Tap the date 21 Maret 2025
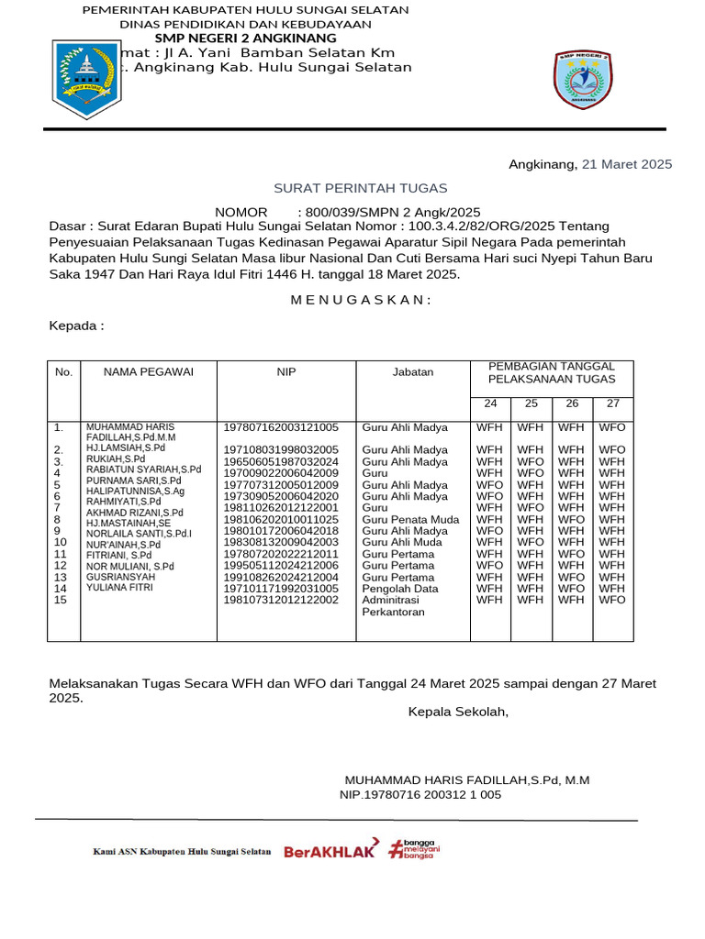pyautogui.click(x=627, y=164)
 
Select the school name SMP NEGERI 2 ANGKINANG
pyautogui.click(x=245, y=39)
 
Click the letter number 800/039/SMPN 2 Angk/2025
pyautogui.click(x=389, y=212)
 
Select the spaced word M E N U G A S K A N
pyautogui.click(x=360, y=300)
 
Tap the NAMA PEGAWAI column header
pyautogui.click(x=149, y=372)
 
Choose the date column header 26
pyautogui.click(x=572, y=403)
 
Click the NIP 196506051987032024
pyautogui.click(x=281, y=461)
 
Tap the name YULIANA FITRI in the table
pyautogui.click(x=121, y=588)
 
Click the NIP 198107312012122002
pyautogui.click(x=281, y=600)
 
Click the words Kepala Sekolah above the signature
pyautogui.click(x=458, y=712)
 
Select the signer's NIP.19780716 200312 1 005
pyautogui.click(x=420, y=795)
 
